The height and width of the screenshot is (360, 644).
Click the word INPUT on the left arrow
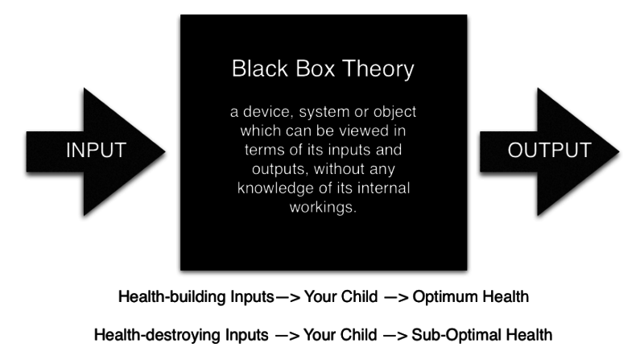coord(96,150)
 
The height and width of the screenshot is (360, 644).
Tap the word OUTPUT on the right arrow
coord(550,150)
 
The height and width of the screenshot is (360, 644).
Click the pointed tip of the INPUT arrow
coord(165,151)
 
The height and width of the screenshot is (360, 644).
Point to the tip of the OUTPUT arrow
coord(619,151)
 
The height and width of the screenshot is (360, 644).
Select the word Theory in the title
coord(378,69)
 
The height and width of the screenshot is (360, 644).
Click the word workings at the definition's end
coord(320,207)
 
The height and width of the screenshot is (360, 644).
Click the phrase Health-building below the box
coord(172,296)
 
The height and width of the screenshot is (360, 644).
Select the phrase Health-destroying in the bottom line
coord(157,335)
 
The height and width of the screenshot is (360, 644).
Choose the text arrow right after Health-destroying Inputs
coord(287,336)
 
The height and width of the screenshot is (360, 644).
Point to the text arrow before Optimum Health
coord(396,297)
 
